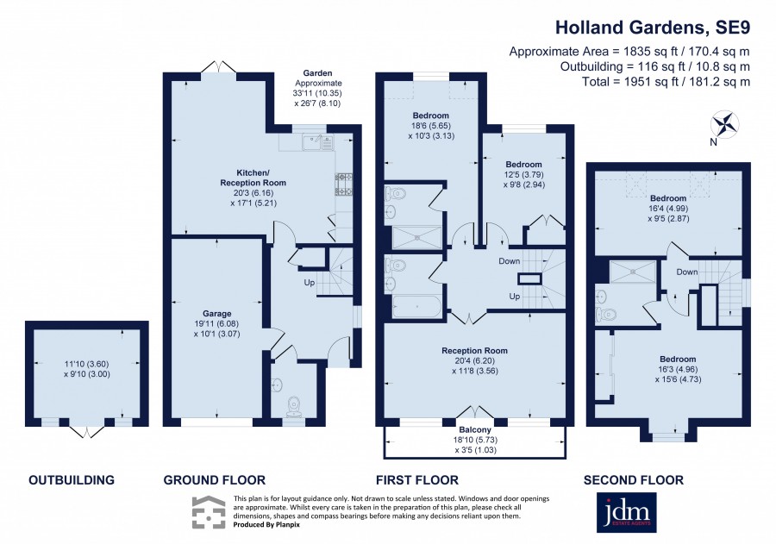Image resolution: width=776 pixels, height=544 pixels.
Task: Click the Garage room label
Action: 216,313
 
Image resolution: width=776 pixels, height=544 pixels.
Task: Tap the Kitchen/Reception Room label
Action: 253,178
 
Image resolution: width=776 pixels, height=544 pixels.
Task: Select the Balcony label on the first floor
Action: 475,429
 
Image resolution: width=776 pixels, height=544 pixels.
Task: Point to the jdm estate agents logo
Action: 627,512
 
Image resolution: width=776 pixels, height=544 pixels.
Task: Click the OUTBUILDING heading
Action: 72,479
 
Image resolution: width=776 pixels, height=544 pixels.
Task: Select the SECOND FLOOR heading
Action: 634,479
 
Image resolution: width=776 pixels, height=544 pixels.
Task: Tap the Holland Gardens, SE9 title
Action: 653,28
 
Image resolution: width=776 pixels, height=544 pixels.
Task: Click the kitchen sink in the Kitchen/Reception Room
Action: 316,142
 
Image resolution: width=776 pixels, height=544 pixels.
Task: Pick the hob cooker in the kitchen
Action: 343,184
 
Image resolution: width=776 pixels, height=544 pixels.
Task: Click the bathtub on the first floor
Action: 416,306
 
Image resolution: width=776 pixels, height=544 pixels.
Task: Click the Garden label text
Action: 317,73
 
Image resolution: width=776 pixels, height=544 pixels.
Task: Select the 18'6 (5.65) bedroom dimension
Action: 429,126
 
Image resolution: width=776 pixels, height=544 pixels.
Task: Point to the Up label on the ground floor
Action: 310,283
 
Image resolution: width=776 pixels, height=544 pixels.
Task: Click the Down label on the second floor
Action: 687,272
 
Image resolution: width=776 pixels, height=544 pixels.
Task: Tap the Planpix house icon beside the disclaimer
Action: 209,512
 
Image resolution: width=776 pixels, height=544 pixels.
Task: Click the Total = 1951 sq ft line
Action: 666,81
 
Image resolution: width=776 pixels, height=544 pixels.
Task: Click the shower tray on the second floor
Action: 633,272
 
